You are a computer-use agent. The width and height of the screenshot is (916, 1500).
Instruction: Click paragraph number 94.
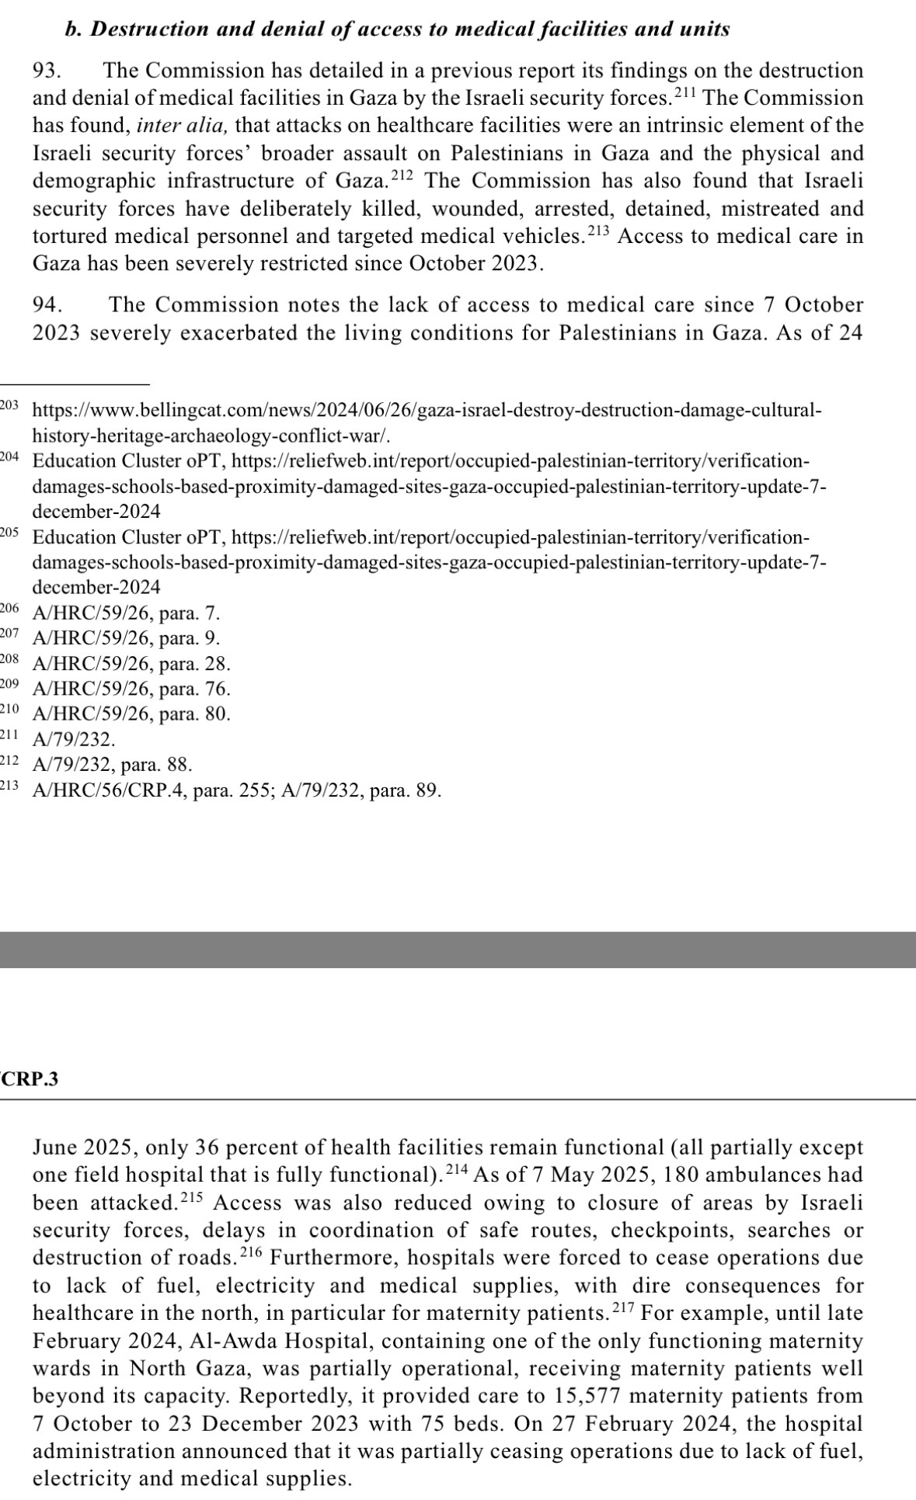click(47, 304)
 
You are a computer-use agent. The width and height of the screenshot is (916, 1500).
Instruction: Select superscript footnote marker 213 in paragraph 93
click(599, 231)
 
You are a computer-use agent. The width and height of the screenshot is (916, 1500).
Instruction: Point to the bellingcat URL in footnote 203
click(426, 410)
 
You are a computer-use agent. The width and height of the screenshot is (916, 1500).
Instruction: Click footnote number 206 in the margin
click(9, 609)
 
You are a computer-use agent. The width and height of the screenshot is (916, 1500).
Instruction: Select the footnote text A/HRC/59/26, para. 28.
click(131, 664)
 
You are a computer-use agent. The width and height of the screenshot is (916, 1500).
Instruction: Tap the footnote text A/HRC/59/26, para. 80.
click(131, 714)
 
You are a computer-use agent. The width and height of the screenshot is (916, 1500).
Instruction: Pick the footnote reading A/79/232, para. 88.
click(112, 765)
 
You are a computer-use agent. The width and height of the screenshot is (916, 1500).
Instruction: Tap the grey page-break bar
click(458, 950)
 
